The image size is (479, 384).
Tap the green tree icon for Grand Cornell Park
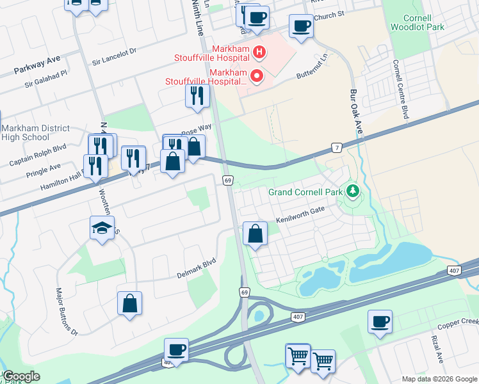[x=352, y=191]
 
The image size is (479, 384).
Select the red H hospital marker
[x=259, y=52]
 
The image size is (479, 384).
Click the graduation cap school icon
[x=102, y=228]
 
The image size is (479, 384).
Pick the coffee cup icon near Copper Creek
[x=380, y=321]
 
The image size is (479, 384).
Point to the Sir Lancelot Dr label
[x=115, y=56]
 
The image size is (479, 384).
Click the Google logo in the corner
[x=21, y=376]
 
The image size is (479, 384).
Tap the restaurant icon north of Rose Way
[x=197, y=96]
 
